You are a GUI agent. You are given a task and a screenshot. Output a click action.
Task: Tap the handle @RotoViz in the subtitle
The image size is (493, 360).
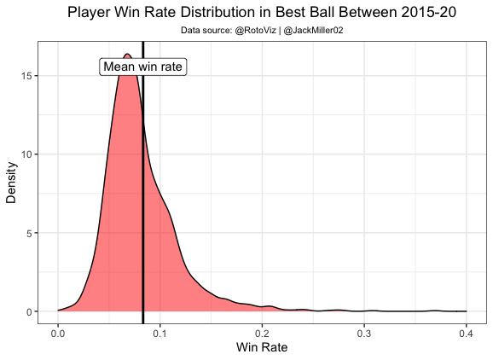click(x=254, y=31)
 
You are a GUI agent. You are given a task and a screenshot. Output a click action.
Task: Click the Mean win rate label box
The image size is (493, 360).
click(x=142, y=67)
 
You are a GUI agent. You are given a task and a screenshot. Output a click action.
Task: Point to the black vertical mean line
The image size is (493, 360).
click(x=142, y=213)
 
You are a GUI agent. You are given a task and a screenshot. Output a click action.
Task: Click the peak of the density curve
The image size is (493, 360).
click(x=126, y=55)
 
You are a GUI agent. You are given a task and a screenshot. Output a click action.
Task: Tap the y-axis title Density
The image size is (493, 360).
click(x=12, y=183)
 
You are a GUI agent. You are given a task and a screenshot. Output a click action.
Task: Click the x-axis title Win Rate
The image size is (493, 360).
click(x=262, y=348)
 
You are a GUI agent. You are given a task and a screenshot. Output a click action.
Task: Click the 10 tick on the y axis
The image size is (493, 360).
click(x=29, y=154)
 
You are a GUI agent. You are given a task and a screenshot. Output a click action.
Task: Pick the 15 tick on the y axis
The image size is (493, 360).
click(x=29, y=76)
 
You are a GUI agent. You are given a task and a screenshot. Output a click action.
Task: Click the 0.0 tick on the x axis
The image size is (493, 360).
click(x=58, y=331)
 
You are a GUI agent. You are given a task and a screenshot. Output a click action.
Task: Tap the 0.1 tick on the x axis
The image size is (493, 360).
click(x=159, y=331)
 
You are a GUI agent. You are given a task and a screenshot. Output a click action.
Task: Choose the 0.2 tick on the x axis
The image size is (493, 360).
click(x=262, y=331)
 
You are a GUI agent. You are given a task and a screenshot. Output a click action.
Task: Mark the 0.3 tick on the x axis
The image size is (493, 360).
click(x=364, y=331)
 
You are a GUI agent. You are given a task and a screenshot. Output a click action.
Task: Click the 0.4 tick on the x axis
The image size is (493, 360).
click(x=466, y=331)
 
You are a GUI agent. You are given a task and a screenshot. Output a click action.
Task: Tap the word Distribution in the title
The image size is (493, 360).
click(x=194, y=13)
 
